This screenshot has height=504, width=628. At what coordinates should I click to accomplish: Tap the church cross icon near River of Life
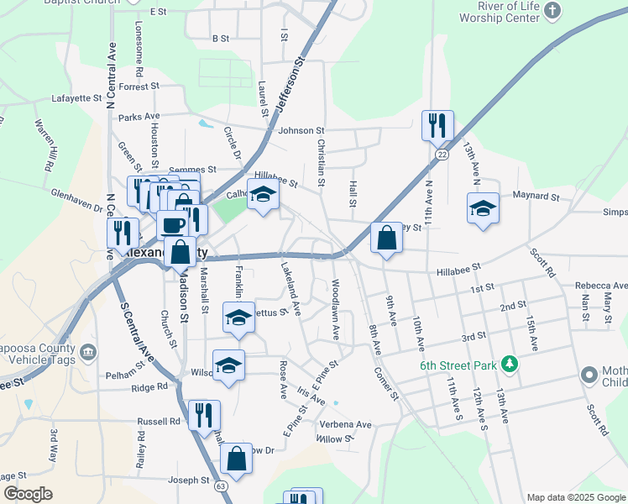pos(552,10)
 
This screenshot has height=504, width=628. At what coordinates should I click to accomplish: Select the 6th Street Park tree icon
pos(507,364)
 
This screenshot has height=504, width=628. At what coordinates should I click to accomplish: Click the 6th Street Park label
pos(459,365)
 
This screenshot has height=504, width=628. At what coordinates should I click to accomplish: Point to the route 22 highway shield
pos(442,155)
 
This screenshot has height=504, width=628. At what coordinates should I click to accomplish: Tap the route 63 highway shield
pos(221,486)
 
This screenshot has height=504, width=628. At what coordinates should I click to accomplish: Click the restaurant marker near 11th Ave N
pos(437,126)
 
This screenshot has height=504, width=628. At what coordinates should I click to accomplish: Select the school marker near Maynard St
pos(483,208)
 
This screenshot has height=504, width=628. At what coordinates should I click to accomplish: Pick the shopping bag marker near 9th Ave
pos(385,239)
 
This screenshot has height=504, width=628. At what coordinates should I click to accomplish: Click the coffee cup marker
pos(173,225)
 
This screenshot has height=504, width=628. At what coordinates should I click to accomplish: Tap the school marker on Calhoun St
pos(263,197)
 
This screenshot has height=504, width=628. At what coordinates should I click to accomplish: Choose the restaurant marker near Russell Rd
pos(204,416)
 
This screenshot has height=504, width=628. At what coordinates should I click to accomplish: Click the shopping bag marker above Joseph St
pos(236,459)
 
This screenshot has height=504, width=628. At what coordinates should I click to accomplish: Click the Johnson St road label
pos(301,130)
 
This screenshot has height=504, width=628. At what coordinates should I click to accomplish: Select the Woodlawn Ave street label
pos(336,310)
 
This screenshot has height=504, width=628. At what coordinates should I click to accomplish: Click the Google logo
pos(28,494)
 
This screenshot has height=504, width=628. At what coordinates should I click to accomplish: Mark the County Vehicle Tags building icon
pos(89,350)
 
